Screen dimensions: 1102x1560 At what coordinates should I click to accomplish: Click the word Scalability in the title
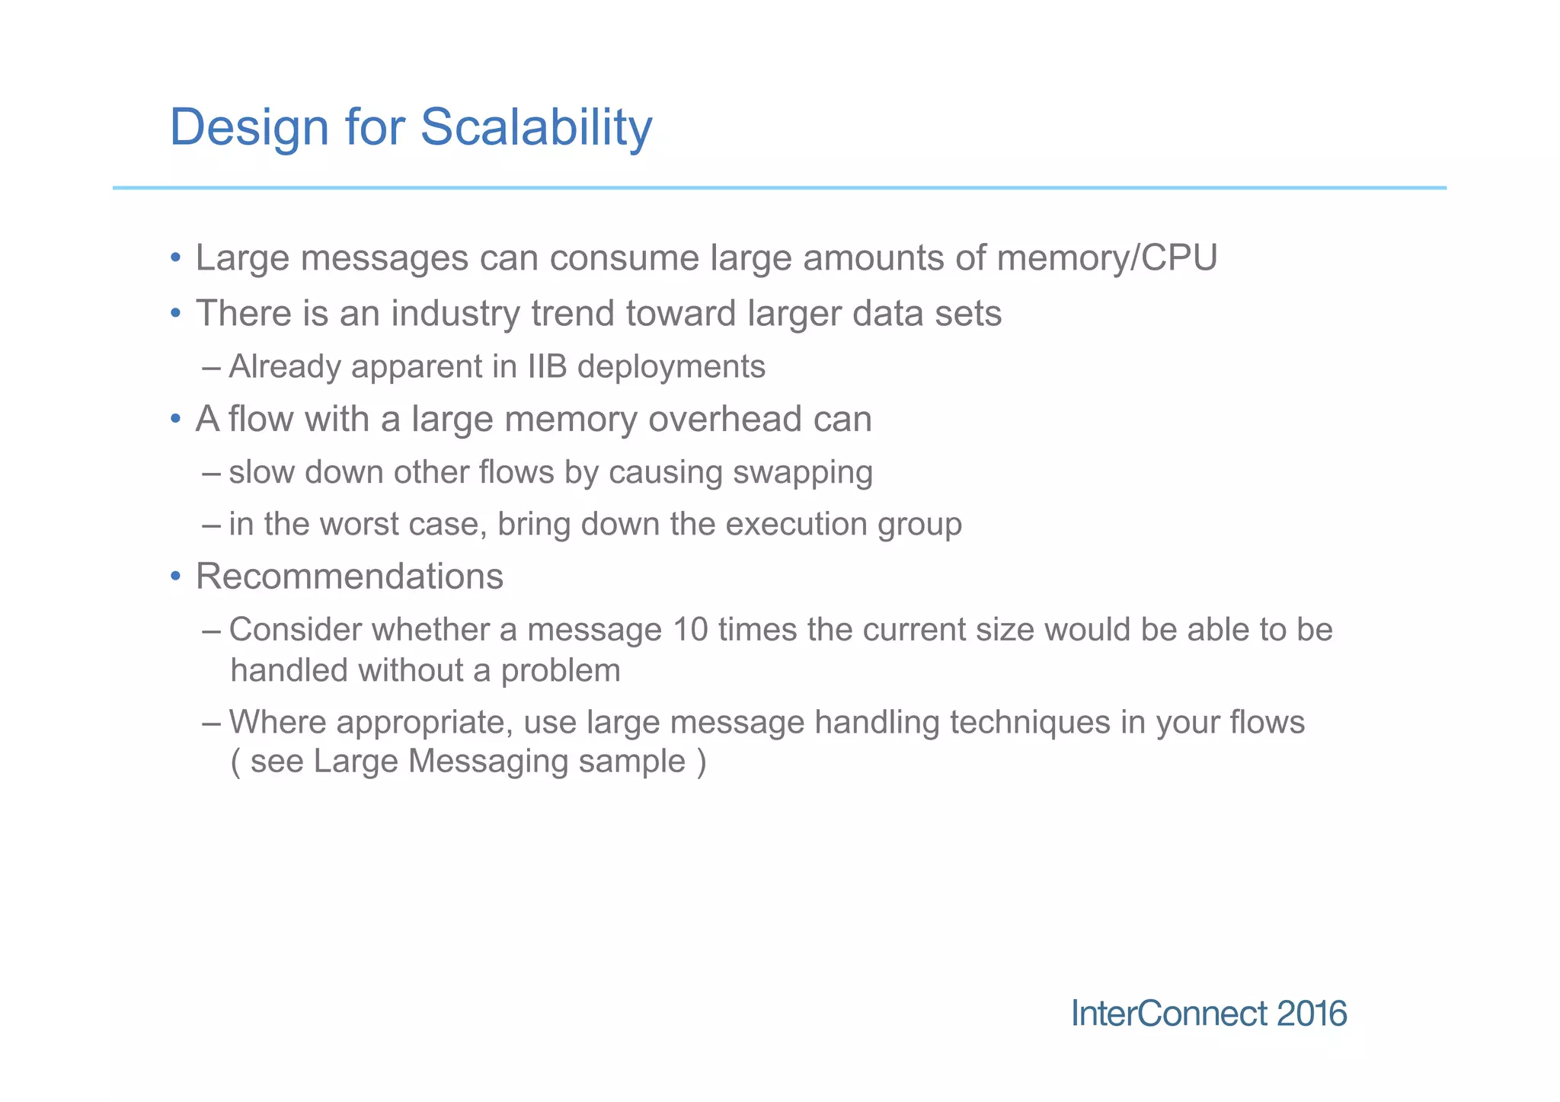click(x=535, y=127)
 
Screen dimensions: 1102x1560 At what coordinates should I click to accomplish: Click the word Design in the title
click(x=249, y=127)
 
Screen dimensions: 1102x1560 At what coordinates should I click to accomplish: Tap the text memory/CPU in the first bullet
click(x=1107, y=258)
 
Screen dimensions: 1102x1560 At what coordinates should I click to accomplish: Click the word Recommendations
click(x=350, y=577)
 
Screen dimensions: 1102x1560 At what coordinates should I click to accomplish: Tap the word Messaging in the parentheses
click(x=488, y=762)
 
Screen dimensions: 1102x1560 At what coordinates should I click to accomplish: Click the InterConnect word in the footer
click(x=1169, y=1014)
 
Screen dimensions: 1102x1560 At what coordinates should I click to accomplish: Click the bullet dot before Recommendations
click(x=176, y=577)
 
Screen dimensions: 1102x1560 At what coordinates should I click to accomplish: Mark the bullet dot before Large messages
click(x=176, y=258)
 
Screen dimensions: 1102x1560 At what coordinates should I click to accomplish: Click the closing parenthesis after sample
click(x=701, y=762)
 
